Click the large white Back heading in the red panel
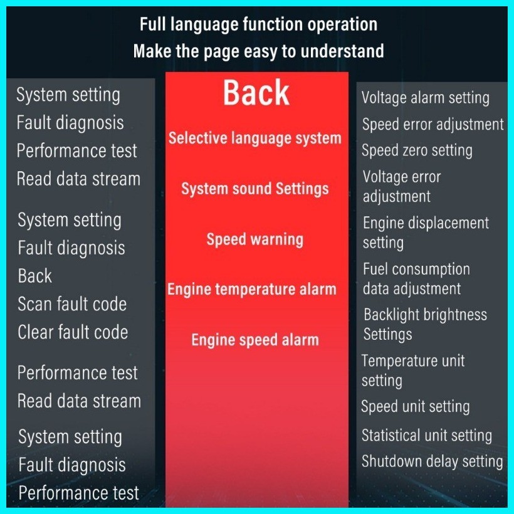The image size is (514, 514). click(x=256, y=93)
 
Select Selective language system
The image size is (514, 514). click(x=255, y=138)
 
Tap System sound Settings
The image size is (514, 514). click(x=255, y=189)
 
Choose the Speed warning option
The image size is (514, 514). click(x=255, y=239)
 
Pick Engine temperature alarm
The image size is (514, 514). click(x=252, y=290)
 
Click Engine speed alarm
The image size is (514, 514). click(x=255, y=340)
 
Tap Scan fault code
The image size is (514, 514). click(x=72, y=304)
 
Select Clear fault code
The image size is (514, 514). click(x=73, y=332)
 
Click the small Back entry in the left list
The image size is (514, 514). click(x=34, y=276)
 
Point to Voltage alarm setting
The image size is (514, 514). click(x=426, y=98)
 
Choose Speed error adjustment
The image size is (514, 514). click(x=433, y=125)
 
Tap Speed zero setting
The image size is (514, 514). click(x=417, y=151)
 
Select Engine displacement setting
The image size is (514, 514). click(x=426, y=233)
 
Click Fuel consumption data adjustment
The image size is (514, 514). click(x=416, y=279)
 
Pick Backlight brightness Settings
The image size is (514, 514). click(x=425, y=325)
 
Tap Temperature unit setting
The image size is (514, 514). click(x=413, y=370)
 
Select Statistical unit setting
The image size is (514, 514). click(x=427, y=436)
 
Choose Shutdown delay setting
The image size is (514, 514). click(x=433, y=461)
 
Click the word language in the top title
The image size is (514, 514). click(x=204, y=26)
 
